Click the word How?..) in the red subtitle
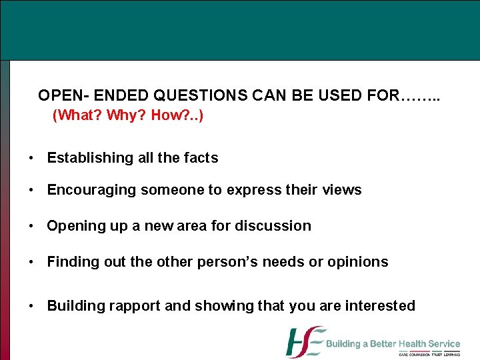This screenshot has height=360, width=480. [177, 115]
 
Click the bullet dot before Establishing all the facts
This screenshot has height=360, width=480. [31, 159]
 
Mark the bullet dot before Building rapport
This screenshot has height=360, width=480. [31, 307]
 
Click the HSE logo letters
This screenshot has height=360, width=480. [305, 342]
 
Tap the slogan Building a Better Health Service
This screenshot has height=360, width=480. [393, 344]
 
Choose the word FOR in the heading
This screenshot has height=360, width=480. [383, 96]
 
